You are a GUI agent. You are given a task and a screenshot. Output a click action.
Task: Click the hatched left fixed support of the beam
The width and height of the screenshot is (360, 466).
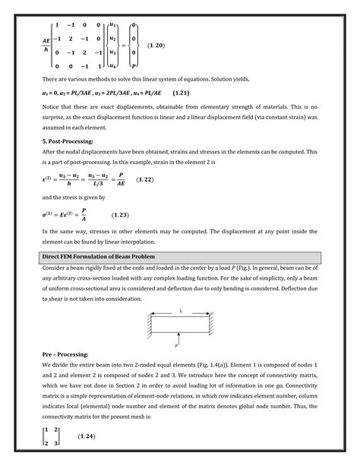point(146,322)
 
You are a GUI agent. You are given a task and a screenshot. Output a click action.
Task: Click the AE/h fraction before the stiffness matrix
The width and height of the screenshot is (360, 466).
point(46,47)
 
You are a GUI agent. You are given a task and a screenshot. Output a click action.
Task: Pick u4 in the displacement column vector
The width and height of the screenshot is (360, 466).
point(113,65)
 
